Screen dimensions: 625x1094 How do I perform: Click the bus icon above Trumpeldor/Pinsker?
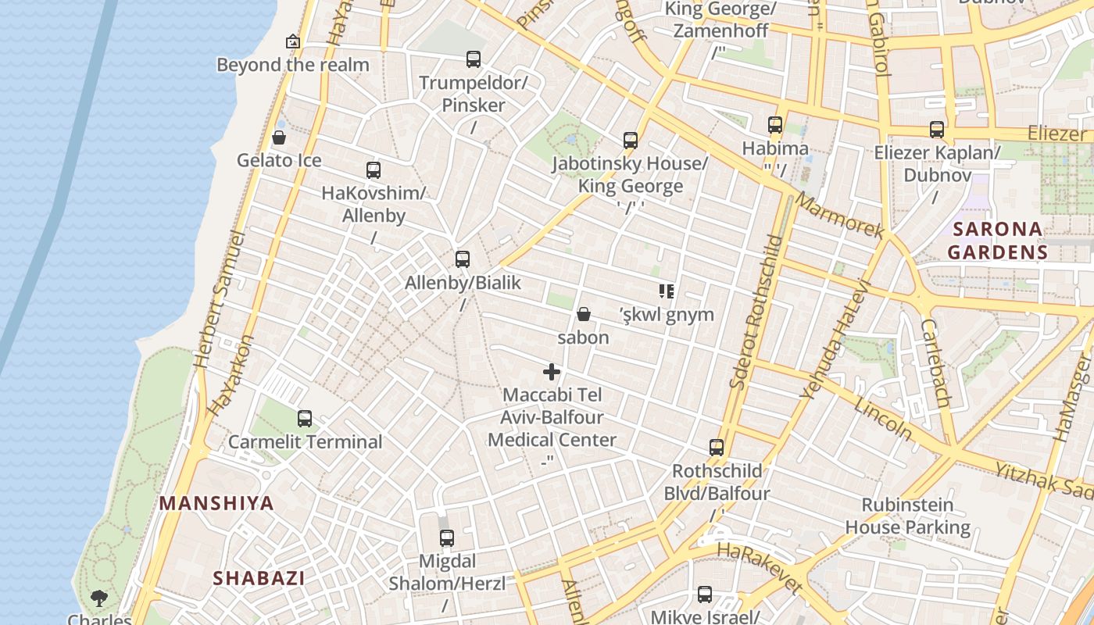473,59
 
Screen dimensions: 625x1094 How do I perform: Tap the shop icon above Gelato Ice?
279,138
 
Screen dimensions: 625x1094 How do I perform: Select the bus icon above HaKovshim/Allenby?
374,170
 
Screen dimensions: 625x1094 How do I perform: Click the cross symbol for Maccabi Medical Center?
552,372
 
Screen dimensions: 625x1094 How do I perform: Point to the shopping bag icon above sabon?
583,315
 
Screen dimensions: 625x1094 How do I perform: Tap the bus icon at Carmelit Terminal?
305,419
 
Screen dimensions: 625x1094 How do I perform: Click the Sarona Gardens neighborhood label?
996,241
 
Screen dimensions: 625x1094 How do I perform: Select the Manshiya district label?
216,503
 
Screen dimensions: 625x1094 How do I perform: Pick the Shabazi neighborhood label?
259,578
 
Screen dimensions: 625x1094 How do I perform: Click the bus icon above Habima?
775,125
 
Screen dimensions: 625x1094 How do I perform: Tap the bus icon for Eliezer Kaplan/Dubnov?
937,130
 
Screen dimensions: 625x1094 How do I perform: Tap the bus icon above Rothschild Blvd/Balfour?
717,448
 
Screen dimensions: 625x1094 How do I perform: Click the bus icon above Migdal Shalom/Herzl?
447,538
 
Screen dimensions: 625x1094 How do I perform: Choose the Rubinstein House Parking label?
908,516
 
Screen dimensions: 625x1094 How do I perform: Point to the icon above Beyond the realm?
293,41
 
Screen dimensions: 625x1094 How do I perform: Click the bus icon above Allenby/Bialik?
463,259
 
